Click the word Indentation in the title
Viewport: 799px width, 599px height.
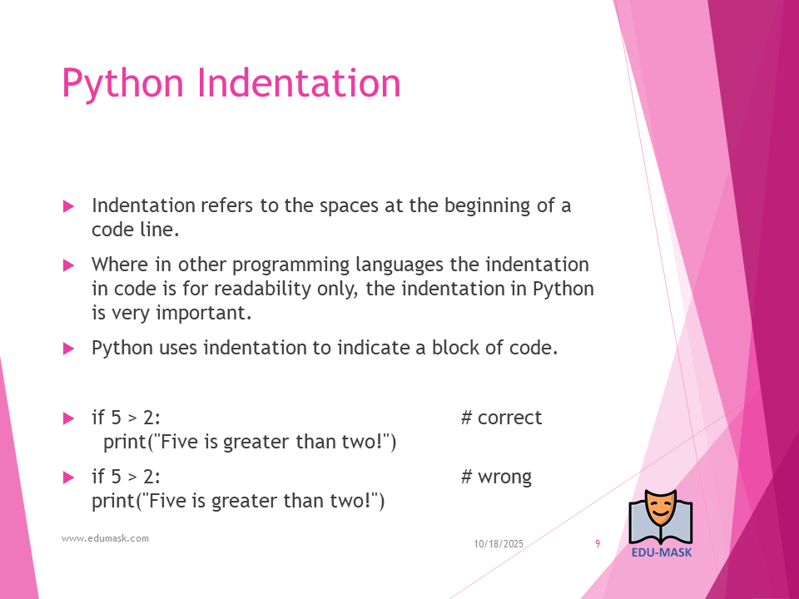click(x=299, y=82)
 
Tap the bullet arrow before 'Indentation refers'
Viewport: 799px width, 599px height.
click(x=68, y=206)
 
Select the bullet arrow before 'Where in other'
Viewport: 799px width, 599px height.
click(x=68, y=265)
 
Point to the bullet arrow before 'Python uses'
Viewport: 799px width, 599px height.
click(x=68, y=349)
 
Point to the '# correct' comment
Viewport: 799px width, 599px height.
click(x=501, y=418)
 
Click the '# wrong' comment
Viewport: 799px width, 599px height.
click(x=496, y=478)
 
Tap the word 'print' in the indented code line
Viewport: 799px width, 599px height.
click(x=125, y=442)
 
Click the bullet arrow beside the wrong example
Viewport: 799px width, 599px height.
click(x=68, y=478)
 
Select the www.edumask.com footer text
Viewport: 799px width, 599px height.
click(x=105, y=538)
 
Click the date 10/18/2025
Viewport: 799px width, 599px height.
click(x=499, y=544)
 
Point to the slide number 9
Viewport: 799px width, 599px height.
click(x=598, y=544)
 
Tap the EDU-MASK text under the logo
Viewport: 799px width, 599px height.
click(x=662, y=552)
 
